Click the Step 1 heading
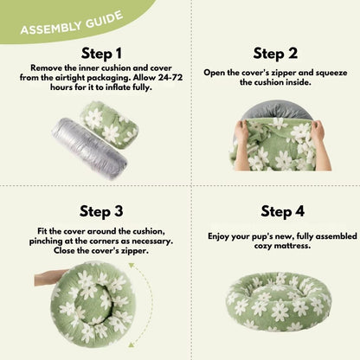101,54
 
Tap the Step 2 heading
275,54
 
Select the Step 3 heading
101,211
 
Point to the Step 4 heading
282,211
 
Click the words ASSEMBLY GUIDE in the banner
72,23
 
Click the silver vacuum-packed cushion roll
90,148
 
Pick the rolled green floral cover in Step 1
110,125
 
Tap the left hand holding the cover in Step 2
241,145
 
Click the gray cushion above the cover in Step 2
276,109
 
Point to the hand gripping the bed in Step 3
51,278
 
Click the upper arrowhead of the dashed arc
132,266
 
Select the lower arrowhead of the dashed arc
132,344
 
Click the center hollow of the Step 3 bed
93,300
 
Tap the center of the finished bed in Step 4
279,300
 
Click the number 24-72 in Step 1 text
170,78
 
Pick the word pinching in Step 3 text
42,241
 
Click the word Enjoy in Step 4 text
218,236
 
